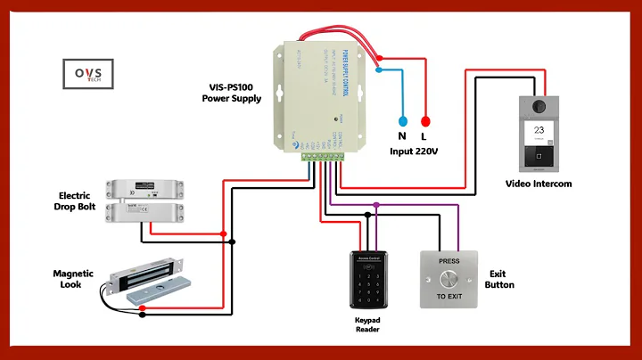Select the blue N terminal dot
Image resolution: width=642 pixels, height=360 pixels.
pos(401,121)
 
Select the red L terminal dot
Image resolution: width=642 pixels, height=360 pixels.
pos(425,121)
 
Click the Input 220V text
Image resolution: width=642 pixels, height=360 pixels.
pos(414,152)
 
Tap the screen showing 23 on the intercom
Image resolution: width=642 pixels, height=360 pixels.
pos(539,129)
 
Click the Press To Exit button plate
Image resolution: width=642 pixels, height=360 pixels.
pos(450,278)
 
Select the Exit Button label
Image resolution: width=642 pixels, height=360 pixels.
pos(499,279)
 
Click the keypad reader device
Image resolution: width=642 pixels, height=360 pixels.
pos(368,279)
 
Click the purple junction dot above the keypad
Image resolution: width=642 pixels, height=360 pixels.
pos(376,205)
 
